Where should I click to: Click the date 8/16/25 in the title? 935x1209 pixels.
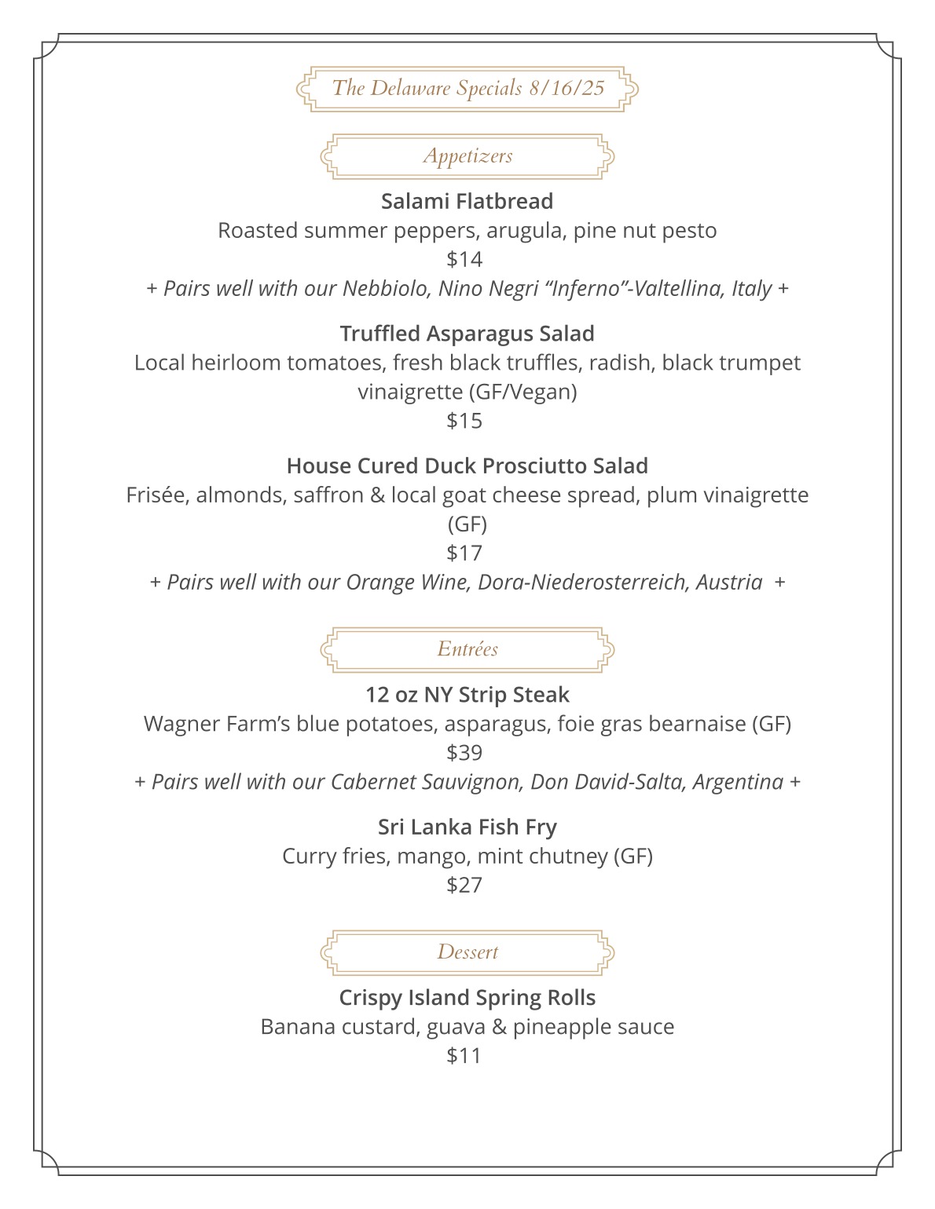[x=566, y=88]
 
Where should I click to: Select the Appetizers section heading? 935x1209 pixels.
[x=467, y=155]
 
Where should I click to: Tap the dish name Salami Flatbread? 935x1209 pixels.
[x=467, y=201]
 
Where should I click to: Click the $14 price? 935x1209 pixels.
[x=464, y=259]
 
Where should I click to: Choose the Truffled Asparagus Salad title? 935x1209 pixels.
[x=467, y=334]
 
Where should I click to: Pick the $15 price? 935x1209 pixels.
[x=464, y=421]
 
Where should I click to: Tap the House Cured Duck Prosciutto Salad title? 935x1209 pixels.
[x=467, y=466]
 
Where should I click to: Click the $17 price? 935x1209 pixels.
[x=464, y=553]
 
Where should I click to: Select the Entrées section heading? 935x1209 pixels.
[x=467, y=649]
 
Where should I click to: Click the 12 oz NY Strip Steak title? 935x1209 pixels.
[x=467, y=695]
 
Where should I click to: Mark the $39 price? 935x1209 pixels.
[x=464, y=753]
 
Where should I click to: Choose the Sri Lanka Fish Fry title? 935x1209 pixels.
[x=467, y=827]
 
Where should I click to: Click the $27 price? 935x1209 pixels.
[x=464, y=885]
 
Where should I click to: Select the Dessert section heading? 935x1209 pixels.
[x=467, y=952]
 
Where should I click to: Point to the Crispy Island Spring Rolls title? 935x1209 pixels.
[x=467, y=998]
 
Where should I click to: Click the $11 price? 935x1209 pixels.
[x=464, y=1056]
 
